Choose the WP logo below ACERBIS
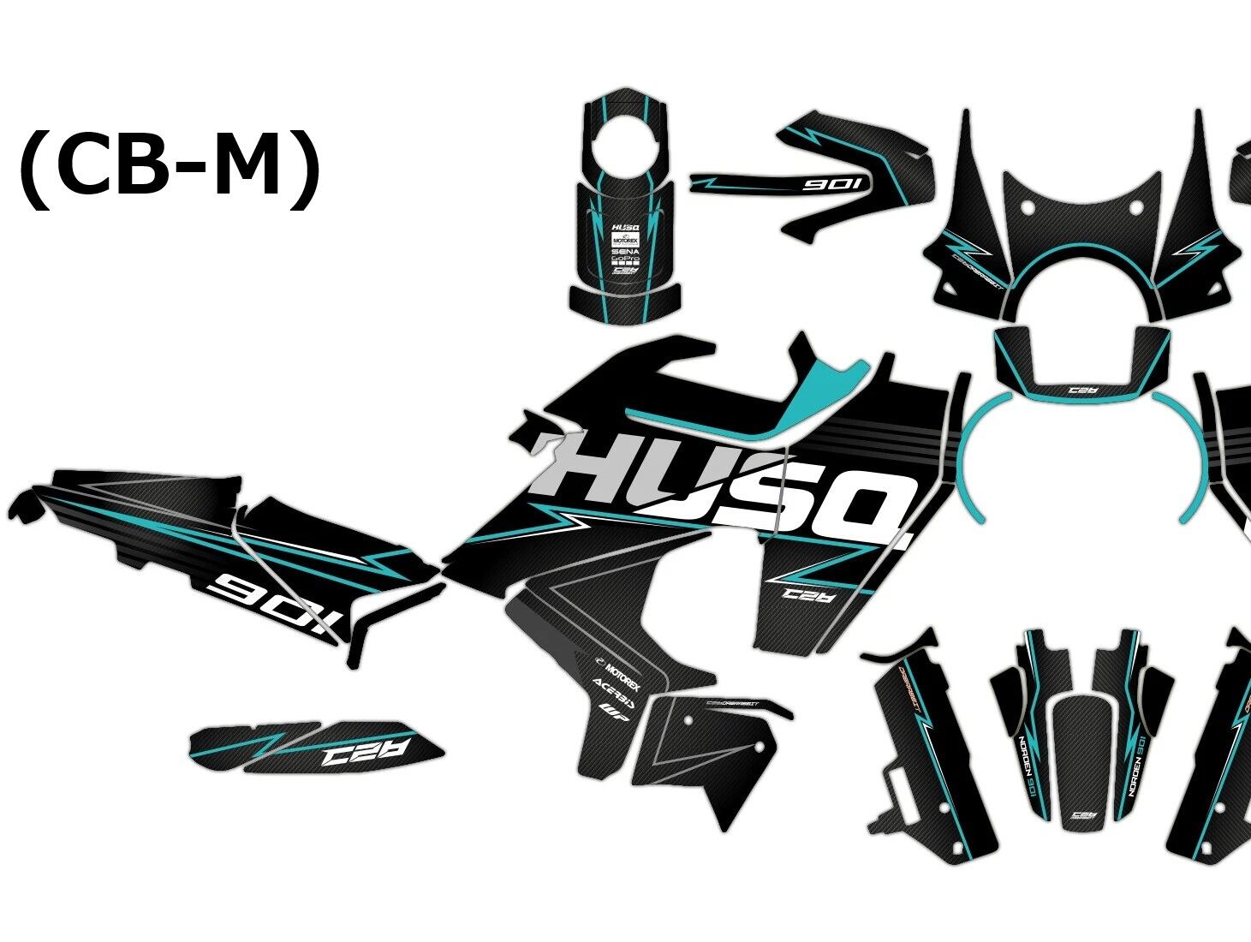tap(610, 709)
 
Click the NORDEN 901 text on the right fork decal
tap(1140, 765)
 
